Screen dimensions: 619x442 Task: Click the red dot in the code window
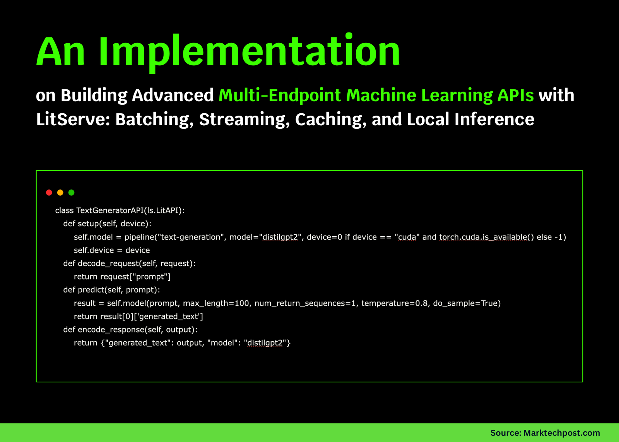pyautogui.click(x=49, y=193)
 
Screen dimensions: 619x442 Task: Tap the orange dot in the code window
pyautogui.click(x=60, y=193)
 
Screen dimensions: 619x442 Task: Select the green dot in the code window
pyautogui.click(x=71, y=193)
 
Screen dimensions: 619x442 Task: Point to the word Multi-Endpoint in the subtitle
pyautogui.click(x=280, y=95)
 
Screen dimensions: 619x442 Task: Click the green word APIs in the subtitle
pyautogui.click(x=515, y=95)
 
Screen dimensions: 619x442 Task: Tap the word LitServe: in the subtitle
pyautogui.click(x=73, y=119)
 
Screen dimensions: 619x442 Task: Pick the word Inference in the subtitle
pyautogui.click(x=494, y=119)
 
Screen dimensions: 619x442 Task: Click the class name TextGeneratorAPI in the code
pyautogui.click(x=110, y=210)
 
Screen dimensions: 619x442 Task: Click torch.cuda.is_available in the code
pyautogui.click(x=483, y=237)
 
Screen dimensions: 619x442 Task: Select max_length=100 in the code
pyautogui.click(x=216, y=303)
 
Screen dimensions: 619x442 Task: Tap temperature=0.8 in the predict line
pyautogui.click(x=395, y=303)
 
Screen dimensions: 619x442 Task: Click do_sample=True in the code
pyautogui.click(x=466, y=303)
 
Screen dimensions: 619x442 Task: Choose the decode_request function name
pyautogui.click(x=108, y=264)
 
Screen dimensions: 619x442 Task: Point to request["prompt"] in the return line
pyautogui.click(x=135, y=277)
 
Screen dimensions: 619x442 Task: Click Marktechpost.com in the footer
pyautogui.click(x=562, y=433)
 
